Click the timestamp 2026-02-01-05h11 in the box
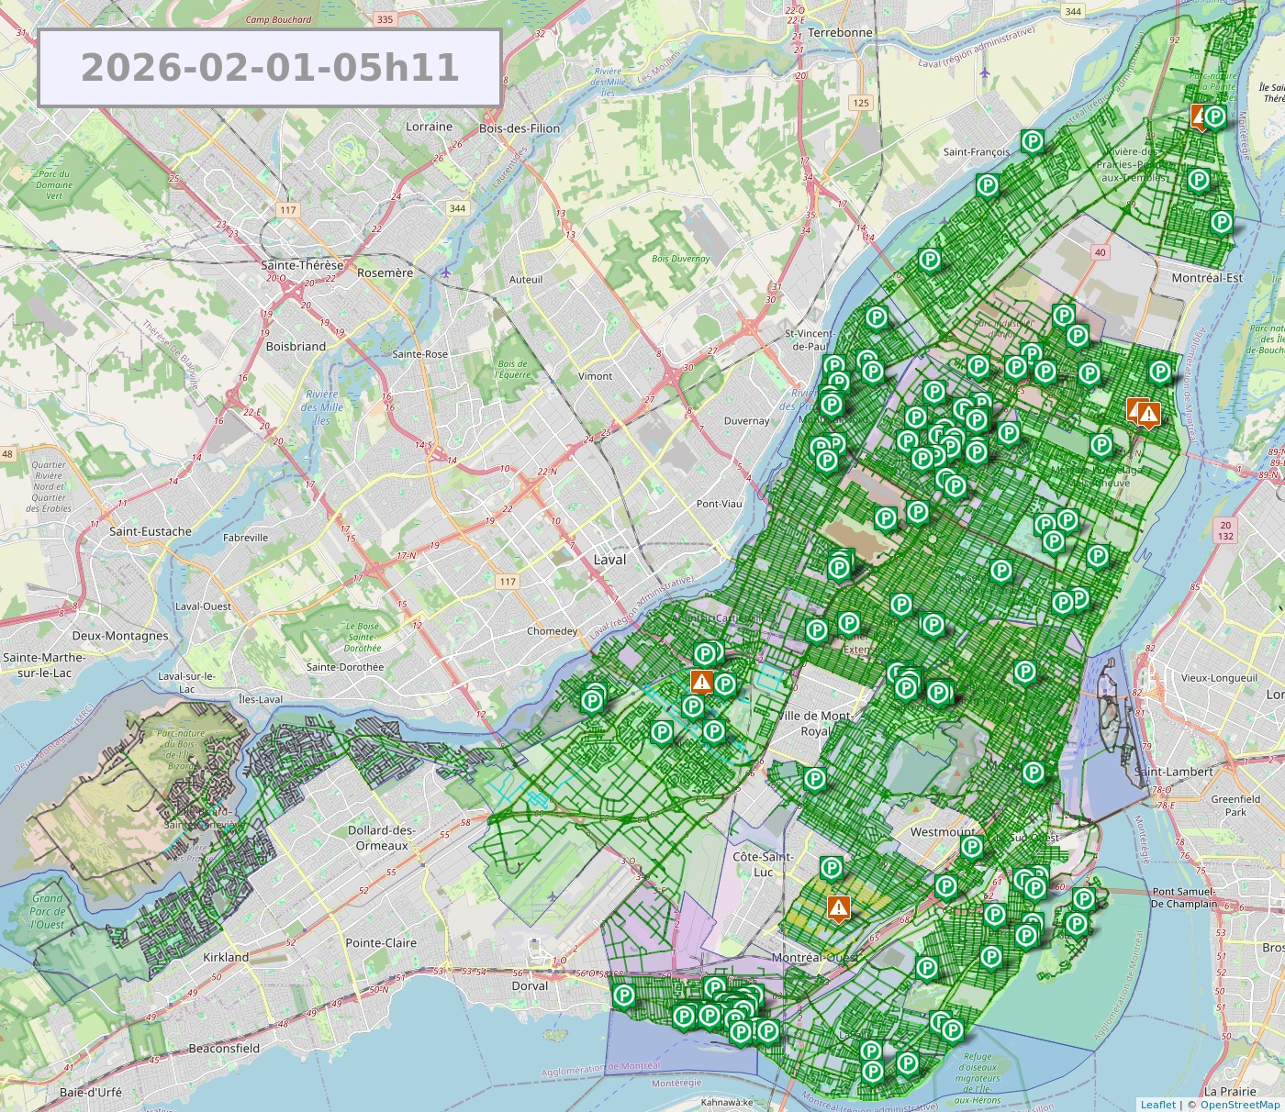pyautogui.click(x=270, y=68)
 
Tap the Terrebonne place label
pyautogui.click(x=840, y=32)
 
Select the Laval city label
pyautogui.click(x=609, y=560)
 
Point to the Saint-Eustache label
pyautogui.click(x=151, y=531)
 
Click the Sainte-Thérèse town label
pyautogui.click(x=302, y=265)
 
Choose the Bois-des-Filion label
pyautogui.click(x=520, y=128)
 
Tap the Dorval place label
pyautogui.click(x=530, y=986)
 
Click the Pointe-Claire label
pyautogui.click(x=381, y=943)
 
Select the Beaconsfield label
pyautogui.click(x=224, y=1049)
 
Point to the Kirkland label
pyautogui.click(x=226, y=957)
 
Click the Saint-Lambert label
pyautogui.click(x=1173, y=772)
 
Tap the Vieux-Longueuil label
pyautogui.click(x=1219, y=678)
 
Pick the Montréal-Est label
pyautogui.click(x=1207, y=278)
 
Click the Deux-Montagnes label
pyautogui.click(x=120, y=636)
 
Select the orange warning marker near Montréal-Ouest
pyautogui.click(x=838, y=907)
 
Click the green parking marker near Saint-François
pyautogui.click(x=1033, y=141)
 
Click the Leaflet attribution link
pyautogui.click(x=1157, y=1105)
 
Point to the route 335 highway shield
pyautogui.click(x=385, y=19)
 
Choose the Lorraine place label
pyautogui.click(x=429, y=127)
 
